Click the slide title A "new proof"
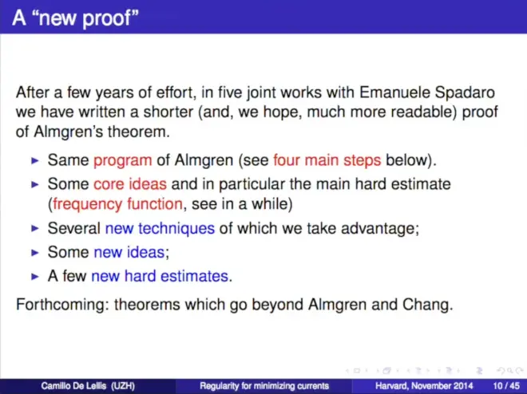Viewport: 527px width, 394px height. coord(75,18)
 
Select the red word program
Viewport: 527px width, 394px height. coord(123,161)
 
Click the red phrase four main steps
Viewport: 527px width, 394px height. coord(327,160)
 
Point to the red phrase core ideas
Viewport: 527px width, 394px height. coord(130,184)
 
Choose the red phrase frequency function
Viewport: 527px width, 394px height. coord(117,204)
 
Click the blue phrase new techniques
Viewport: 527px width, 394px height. coord(160,229)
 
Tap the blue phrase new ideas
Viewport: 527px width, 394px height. coord(129,252)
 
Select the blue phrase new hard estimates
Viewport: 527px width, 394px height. coord(160,276)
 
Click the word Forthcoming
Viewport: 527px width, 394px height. coord(62,305)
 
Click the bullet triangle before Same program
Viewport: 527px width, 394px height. coord(35,161)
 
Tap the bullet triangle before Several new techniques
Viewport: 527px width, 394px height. coord(35,229)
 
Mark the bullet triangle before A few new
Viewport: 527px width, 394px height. coord(35,277)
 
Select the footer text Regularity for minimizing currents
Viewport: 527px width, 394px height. coord(264,386)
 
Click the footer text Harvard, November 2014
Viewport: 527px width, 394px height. coord(424,386)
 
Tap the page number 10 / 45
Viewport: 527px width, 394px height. coord(506,386)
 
